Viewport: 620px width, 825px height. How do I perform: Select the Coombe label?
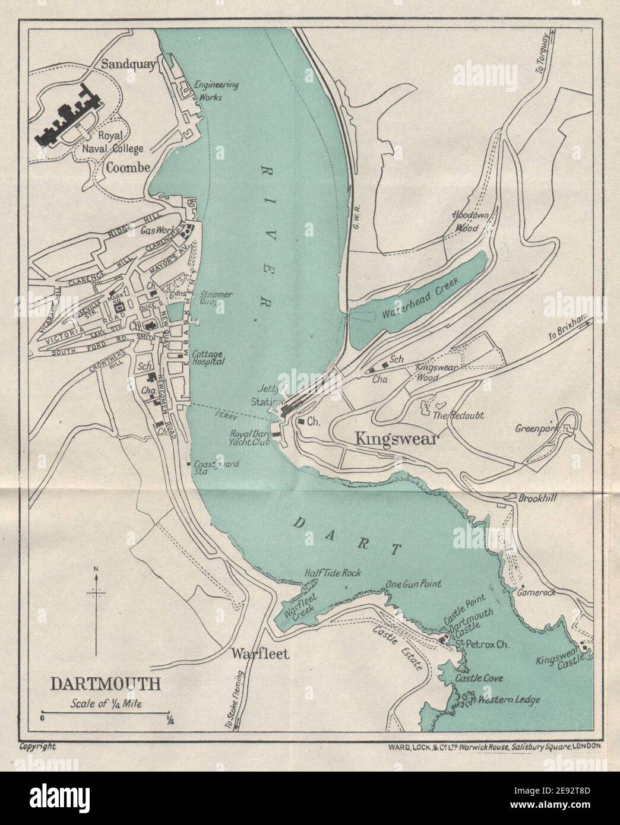[x=126, y=167]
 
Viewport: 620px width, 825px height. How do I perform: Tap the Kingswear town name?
[x=387, y=439]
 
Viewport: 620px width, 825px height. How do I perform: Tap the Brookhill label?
[x=538, y=499]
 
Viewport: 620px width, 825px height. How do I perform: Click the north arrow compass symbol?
[x=96, y=611]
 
